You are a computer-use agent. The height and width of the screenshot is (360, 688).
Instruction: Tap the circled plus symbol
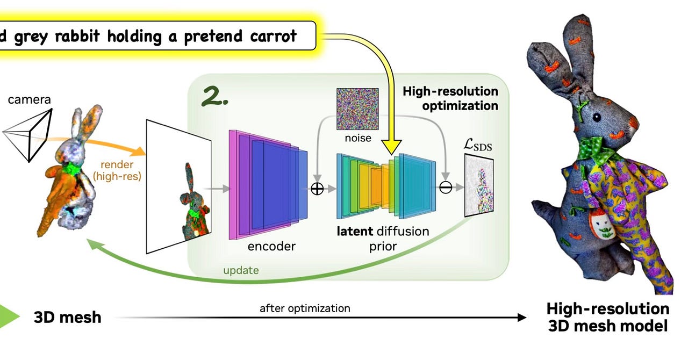click(318, 189)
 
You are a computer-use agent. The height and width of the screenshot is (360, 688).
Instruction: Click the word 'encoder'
click(271, 246)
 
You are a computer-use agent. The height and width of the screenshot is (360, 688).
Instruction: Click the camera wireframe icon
click(30, 131)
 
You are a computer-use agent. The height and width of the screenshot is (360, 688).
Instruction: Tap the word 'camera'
click(29, 99)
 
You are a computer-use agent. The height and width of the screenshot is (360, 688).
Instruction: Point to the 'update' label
click(241, 270)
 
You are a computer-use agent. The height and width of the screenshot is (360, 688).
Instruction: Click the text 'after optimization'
click(305, 308)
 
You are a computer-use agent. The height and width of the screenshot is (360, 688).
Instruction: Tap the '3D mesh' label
click(67, 317)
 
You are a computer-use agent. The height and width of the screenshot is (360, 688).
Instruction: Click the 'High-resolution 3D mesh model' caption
click(608, 317)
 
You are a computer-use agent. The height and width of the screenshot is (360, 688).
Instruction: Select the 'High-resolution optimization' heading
click(450, 98)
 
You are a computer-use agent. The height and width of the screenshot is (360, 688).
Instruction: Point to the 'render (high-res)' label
click(117, 170)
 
